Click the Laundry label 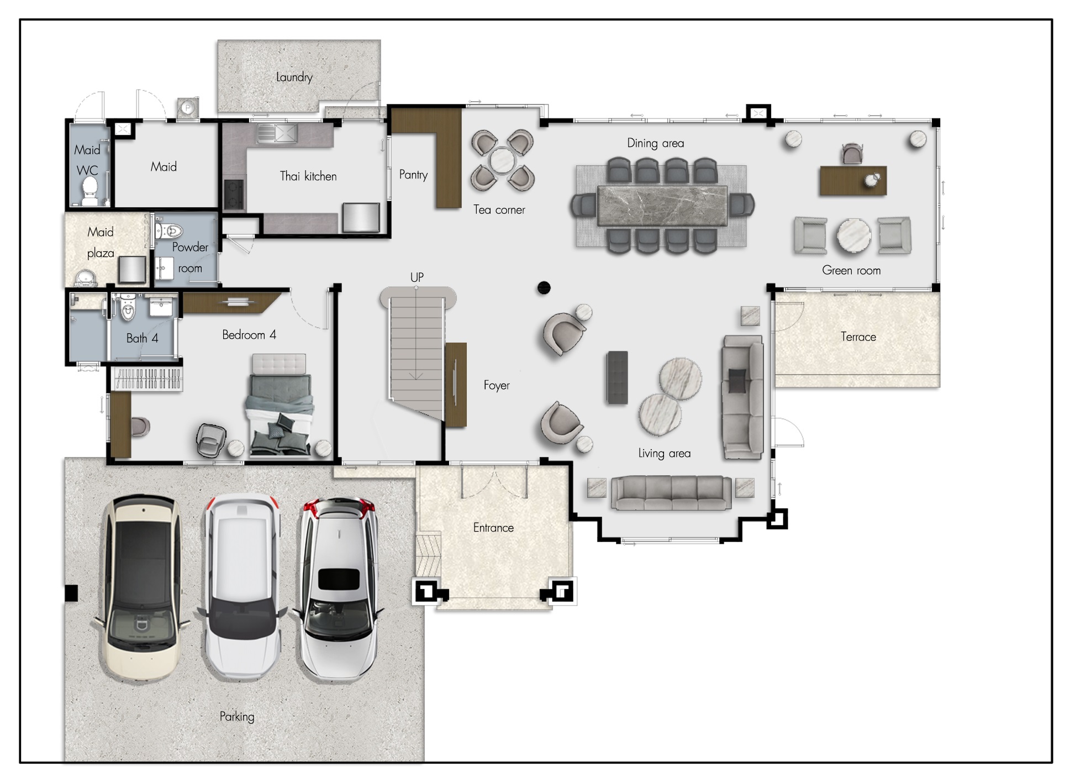tap(294, 77)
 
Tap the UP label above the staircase tap(417, 277)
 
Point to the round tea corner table tap(503, 161)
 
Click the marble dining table tap(662, 206)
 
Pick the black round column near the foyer tap(544, 287)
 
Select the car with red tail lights tap(338, 588)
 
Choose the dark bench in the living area tap(618, 377)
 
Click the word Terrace tap(858, 337)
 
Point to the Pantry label tap(414, 175)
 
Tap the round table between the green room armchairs tap(853, 236)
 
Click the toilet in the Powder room tap(169, 230)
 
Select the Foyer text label tap(497, 385)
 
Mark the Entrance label tap(493, 528)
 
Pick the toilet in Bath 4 tap(128, 308)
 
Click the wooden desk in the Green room tap(853, 181)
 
